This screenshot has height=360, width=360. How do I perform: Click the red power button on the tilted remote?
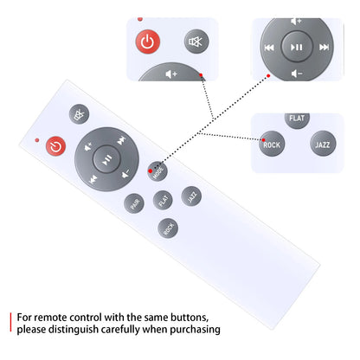coord(56,146)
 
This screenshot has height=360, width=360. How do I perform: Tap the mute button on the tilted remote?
coord(79,114)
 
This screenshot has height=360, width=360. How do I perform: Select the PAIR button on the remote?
coord(134,203)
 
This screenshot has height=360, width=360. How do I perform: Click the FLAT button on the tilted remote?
coord(163,200)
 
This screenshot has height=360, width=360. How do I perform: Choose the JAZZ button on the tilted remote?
coord(191,196)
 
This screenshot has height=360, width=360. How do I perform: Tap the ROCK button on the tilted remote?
coord(168,228)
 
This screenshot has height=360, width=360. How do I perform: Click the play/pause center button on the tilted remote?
coord(106,159)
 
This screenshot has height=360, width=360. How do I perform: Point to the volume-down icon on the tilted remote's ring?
coord(125,174)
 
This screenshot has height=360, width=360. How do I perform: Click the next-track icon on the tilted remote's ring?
coord(122,140)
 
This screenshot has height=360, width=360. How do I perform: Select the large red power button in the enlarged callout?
coord(148,42)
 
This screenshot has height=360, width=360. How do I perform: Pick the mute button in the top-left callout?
coord(196,42)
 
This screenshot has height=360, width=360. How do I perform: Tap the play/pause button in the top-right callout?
coord(297,47)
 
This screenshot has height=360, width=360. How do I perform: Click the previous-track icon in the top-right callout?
coord(269,48)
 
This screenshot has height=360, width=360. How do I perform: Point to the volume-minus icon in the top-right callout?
coord(297,74)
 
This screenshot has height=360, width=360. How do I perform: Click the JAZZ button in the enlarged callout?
coord(323,144)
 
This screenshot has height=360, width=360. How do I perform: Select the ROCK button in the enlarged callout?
coord(272,144)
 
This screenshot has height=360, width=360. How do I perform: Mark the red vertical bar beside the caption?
coord(10,322)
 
